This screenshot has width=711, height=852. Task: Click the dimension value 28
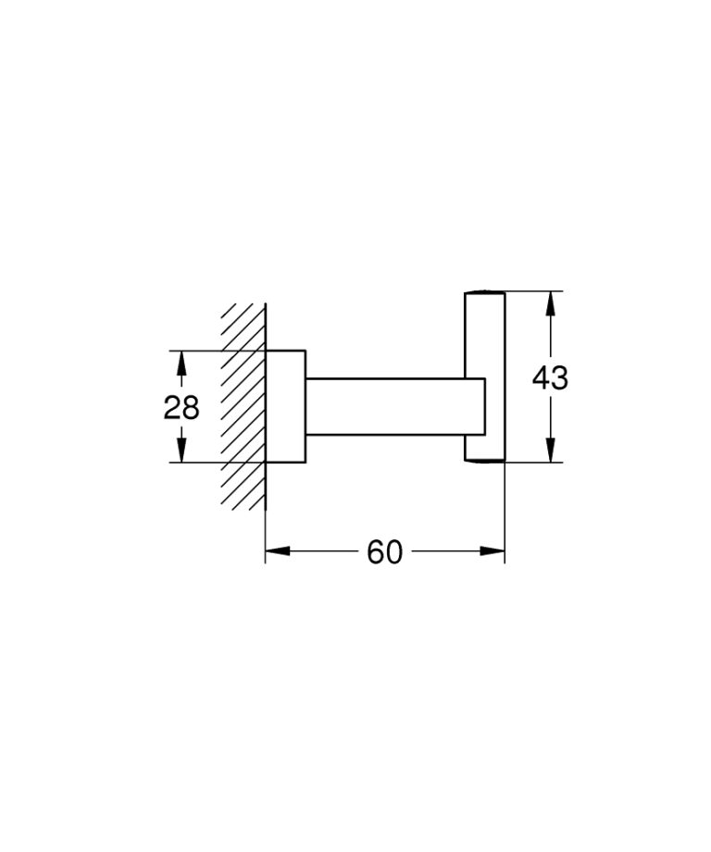click(x=181, y=406)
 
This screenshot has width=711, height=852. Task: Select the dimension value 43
click(x=551, y=377)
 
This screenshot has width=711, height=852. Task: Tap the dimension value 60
click(x=385, y=552)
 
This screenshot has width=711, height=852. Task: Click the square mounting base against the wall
click(x=286, y=406)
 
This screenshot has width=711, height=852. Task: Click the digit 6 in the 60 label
click(x=376, y=552)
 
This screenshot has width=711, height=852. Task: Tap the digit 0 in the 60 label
click(x=394, y=552)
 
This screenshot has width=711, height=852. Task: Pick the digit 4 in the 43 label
click(x=541, y=377)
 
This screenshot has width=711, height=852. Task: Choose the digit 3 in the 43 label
click(x=560, y=377)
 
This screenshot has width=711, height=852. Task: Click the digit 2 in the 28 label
click(x=172, y=406)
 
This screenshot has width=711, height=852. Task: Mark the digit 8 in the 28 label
click(x=191, y=406)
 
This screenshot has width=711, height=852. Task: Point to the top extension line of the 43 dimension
click(x=532, y=291)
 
